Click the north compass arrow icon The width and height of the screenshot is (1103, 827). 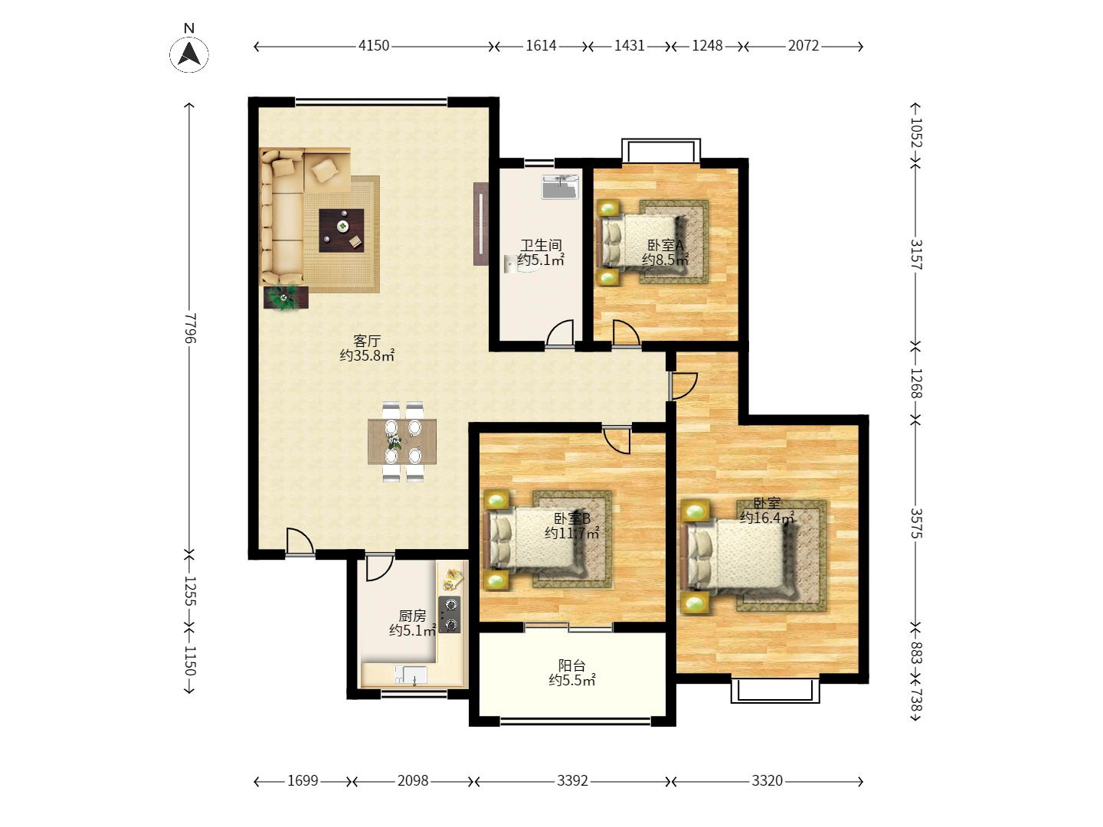point(189,54)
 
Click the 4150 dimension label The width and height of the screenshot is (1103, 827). point(374,46)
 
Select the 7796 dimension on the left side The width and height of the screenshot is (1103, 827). point(190,329)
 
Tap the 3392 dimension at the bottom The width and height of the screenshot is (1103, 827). point(572,781)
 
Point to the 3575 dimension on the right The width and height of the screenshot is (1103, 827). point(916,523)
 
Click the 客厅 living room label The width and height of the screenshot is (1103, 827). point(367,342)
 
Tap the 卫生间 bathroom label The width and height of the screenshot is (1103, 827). point(541,246)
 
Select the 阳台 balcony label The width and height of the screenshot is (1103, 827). point(572,666)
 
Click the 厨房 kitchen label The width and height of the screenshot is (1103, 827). point(412,616)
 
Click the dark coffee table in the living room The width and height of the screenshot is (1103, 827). point(342,230)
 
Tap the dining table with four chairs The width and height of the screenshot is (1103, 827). point(402,441)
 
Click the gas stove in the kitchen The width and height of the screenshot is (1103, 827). point(449,614)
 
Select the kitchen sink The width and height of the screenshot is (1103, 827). point(411,675)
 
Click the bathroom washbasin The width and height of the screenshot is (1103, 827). point(560,187)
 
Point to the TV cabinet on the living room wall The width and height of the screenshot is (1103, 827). point(481,224)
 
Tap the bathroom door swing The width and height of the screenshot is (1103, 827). point(560,333)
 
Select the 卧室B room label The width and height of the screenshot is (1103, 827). point(572,518)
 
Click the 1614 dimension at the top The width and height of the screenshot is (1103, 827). point(542,46)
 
